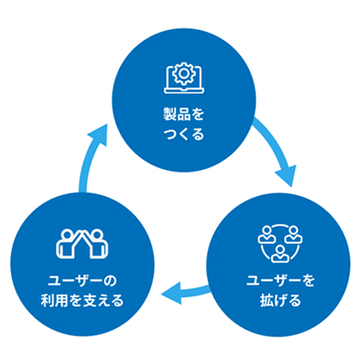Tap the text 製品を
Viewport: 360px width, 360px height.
pos(180,111)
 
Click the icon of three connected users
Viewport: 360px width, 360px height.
pos(277,241)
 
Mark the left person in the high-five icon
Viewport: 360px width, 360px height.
pos(67,242)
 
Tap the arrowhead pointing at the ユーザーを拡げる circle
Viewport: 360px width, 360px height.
pos(285,177)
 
